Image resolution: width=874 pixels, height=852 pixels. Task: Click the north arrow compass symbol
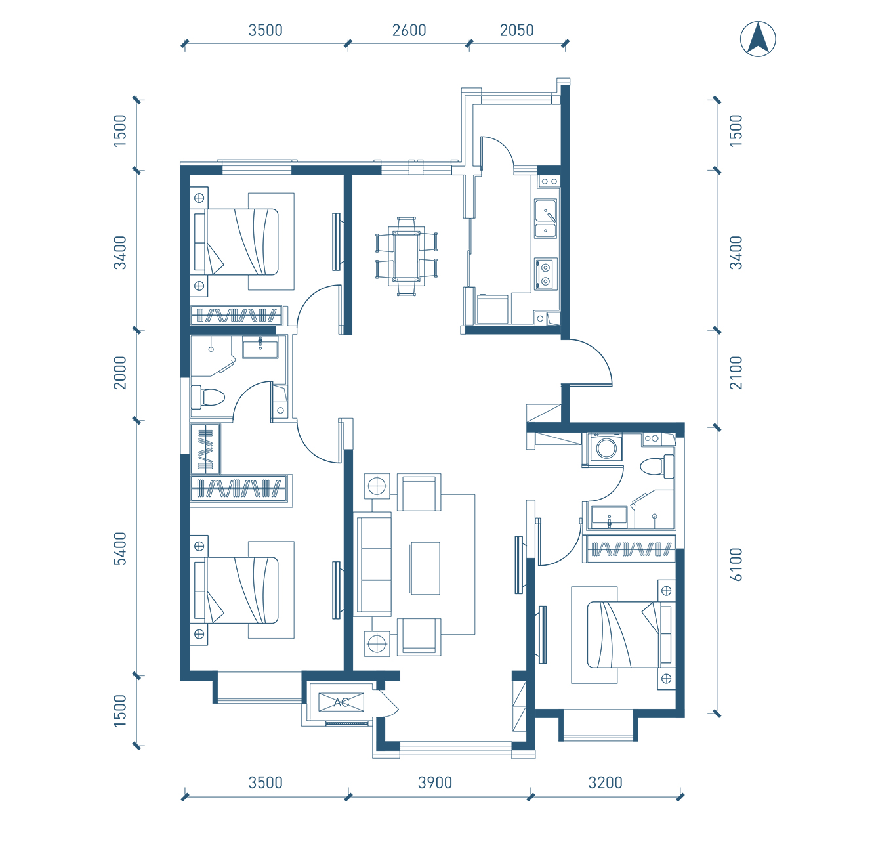click(758, 39)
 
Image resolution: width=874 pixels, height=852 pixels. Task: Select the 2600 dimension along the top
click(409, 31)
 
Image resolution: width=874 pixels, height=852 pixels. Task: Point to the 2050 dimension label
click(516, 31)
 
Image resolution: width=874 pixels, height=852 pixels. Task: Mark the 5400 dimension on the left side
click(120, 549)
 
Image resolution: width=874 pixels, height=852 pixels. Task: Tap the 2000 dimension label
click(120, 373)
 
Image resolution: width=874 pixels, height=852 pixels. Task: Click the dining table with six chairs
click(406, 256)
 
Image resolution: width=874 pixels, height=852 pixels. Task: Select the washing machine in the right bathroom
click(606, 448)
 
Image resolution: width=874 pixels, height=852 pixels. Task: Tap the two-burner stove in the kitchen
click(545, 274)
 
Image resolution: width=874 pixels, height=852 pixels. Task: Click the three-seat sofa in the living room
click(373, 564)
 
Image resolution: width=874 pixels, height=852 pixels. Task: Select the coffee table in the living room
click(425, 568)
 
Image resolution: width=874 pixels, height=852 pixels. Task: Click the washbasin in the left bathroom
click(260, 348)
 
